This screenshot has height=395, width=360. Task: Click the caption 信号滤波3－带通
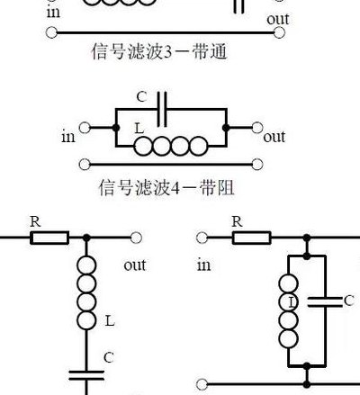159,51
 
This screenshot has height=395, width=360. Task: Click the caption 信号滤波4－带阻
166,187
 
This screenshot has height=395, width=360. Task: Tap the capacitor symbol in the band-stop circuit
162,109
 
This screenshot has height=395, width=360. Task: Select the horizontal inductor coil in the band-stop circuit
171,146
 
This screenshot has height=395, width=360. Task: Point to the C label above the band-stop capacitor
141,97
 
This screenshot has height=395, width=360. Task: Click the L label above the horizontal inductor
139,129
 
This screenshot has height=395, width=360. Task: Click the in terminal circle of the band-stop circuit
85,128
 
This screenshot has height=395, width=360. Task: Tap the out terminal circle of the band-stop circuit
257,128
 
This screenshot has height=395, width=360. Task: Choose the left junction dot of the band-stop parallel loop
116,128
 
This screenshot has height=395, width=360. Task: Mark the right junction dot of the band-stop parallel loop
226,128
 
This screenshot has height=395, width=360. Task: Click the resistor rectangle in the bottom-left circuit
49,238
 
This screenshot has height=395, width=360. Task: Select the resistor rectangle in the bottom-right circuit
251,238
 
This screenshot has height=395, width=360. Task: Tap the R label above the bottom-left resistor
35,222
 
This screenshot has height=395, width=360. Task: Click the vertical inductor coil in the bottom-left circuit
86,292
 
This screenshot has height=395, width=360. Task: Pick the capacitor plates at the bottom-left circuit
86,375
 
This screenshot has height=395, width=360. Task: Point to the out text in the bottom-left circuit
135,265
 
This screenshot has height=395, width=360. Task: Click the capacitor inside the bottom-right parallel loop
325,302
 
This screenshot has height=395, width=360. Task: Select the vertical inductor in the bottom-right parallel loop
289,310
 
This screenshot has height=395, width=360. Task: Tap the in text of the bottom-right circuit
203,265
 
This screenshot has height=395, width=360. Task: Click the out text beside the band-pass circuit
278,19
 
